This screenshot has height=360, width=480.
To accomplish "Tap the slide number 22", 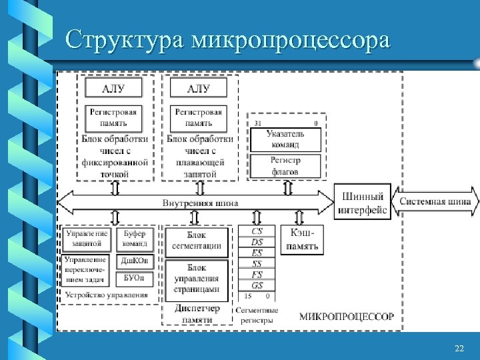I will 459,349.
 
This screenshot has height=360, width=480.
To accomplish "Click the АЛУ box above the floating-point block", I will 199,89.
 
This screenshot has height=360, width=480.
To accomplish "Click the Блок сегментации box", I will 197,240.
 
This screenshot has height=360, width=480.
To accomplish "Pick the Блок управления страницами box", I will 197,278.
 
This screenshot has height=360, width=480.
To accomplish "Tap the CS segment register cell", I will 257,231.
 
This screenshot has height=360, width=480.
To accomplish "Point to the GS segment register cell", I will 257,285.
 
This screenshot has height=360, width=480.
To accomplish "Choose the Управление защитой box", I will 87,239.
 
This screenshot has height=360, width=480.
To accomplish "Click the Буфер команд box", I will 135,239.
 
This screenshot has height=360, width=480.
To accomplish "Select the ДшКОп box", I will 135,261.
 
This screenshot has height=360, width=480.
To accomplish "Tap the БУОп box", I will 135,277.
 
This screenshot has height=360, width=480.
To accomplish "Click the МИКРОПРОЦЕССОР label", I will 346,316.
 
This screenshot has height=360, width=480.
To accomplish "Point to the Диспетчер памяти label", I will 197,314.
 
